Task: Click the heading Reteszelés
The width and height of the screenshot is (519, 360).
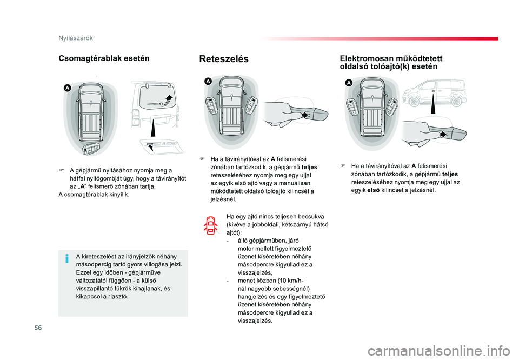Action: pos(224,59)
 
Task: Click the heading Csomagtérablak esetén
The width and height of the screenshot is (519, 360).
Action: pos(104,58)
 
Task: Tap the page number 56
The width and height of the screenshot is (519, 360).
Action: pos(38,328)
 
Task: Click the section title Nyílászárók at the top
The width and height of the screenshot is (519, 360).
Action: pos(76,38)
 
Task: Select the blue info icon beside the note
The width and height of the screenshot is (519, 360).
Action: pos(67,258)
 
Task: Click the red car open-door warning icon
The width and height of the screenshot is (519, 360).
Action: pos(211,225)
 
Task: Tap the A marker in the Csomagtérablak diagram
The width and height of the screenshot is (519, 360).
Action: pos(67,88)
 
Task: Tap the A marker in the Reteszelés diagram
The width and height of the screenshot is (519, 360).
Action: pos(208,81)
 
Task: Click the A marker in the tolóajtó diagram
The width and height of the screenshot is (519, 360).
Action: pos(349,83)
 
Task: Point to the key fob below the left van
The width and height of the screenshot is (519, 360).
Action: pos(91,149)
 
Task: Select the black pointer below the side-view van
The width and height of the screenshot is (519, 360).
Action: pos(433,104)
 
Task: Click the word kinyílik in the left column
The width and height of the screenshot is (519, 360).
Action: pos(119,195)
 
